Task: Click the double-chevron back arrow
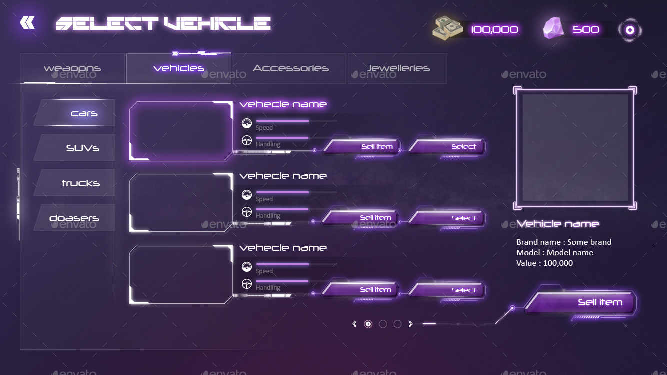(27, 22)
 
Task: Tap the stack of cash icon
(448, 28)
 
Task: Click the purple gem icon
(554, 28)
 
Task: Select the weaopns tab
(72, 68)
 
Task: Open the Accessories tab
(290, 68)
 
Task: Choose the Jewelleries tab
(398, 68)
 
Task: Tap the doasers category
(74, 218)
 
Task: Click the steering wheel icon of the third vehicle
(247, 284)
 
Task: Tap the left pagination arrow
(354, 324)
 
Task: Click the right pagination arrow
(411, 324)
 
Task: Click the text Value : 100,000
(544, 263)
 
